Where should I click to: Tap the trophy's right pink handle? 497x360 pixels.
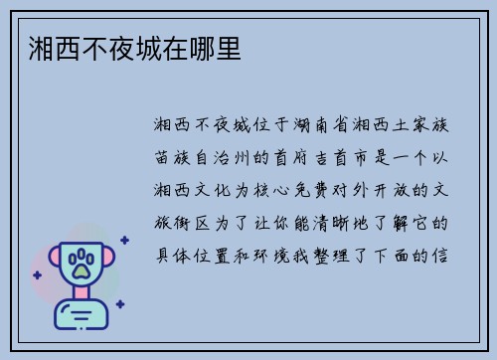tap(112, 260)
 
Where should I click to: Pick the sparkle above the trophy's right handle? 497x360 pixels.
tap(124, 240)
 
